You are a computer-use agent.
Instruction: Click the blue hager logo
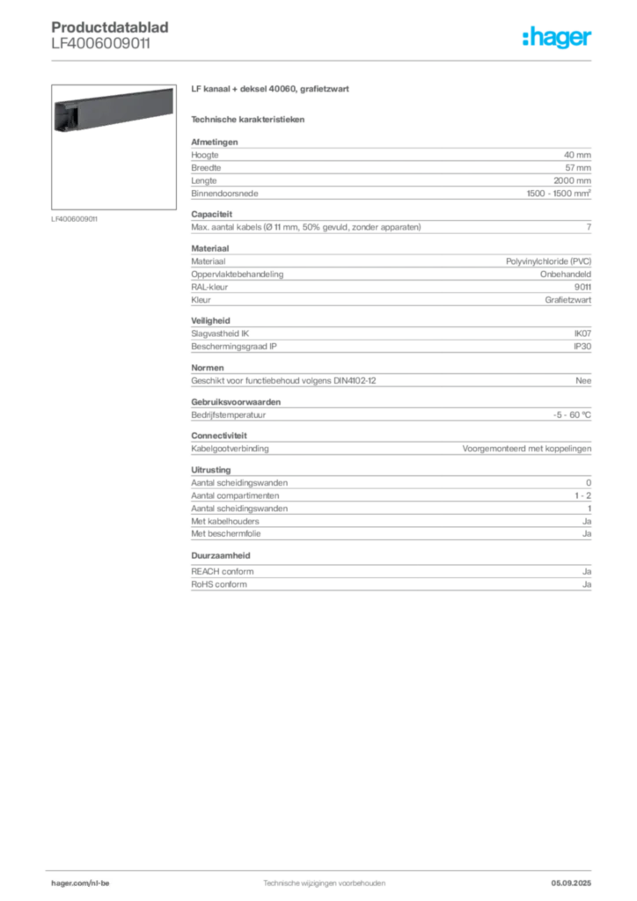(x=559, y=39)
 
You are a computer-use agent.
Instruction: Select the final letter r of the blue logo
(x=591, y=40)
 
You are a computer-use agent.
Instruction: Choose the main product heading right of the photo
(x=271, y=92)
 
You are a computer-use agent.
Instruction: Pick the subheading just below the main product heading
(x=250, y=119)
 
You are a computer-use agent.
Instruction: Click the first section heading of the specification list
(x=214, y=138)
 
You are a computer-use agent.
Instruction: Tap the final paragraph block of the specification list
(x=390, y=580)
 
